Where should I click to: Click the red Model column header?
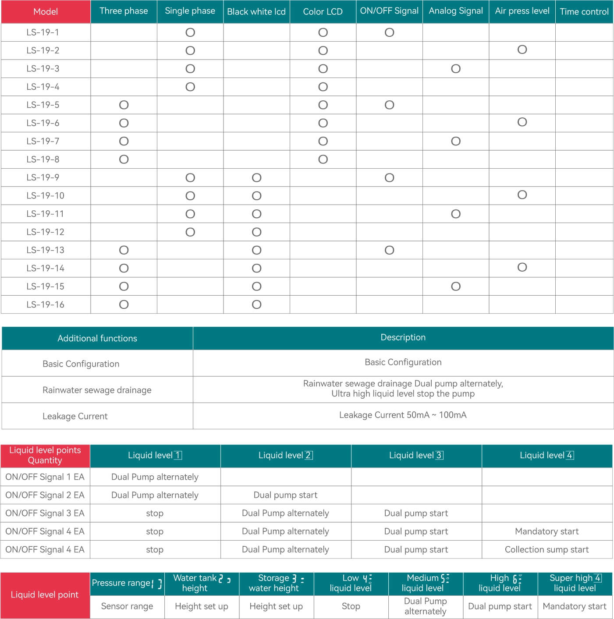coord(46,12)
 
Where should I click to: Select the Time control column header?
coord(584,12)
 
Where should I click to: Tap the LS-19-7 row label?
coord(43,141)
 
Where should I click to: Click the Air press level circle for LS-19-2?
coord(522,50)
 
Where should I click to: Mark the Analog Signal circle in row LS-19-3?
coord(456,69)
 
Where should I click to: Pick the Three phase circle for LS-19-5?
coord(124,105)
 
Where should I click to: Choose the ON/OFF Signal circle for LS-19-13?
coord(389,250)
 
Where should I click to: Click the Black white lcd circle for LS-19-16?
coord(257,304)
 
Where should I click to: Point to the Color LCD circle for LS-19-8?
coord(323,159)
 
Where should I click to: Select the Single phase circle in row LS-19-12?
coord(190,232)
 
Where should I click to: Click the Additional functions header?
coord(97,338)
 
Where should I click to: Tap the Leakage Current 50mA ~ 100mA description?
coord(403,415)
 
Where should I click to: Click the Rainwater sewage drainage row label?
coord(97,390)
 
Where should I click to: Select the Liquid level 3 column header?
coord(416,456)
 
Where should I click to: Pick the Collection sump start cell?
coord(547,549)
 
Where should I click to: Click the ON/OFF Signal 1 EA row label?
coord(45,477)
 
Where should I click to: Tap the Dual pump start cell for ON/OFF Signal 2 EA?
coord(285,495)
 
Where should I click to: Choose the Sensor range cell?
coord(127,606)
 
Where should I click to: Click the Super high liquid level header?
coord(575,583)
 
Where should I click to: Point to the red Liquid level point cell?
coord(45,594)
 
